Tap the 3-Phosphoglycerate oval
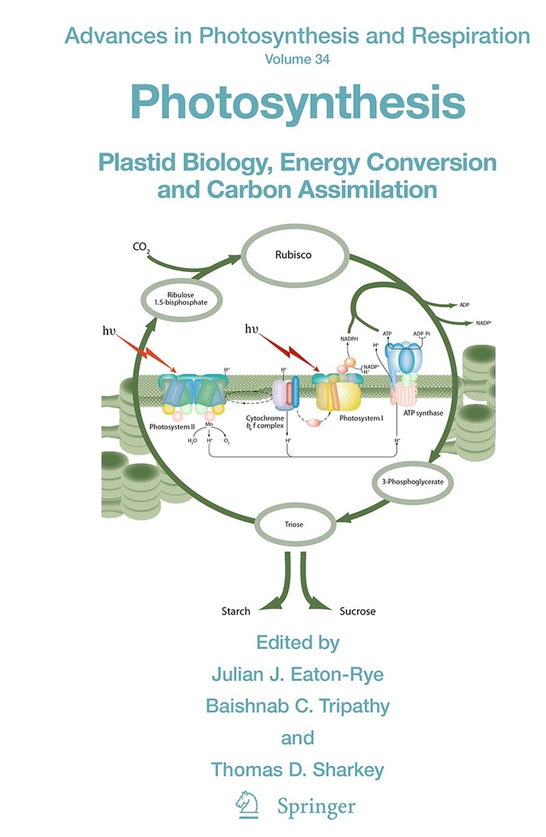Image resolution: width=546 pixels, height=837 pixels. point(413,482)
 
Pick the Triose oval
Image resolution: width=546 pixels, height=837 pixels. point(294,524)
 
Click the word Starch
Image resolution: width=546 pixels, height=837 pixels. point(235,611)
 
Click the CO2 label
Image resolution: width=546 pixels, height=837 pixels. point(140,248)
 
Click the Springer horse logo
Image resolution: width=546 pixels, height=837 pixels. point(244,806)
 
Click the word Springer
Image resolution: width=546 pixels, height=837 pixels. point(316,808)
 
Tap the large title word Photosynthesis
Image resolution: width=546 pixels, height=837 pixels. point(297,103)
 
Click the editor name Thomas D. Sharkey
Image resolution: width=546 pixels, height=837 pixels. point(297,770)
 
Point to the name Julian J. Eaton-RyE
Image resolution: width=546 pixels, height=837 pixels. point(297,673)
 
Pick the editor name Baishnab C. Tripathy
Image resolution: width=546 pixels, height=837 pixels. point(297,705)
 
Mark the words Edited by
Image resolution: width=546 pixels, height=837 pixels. point(297,642)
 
